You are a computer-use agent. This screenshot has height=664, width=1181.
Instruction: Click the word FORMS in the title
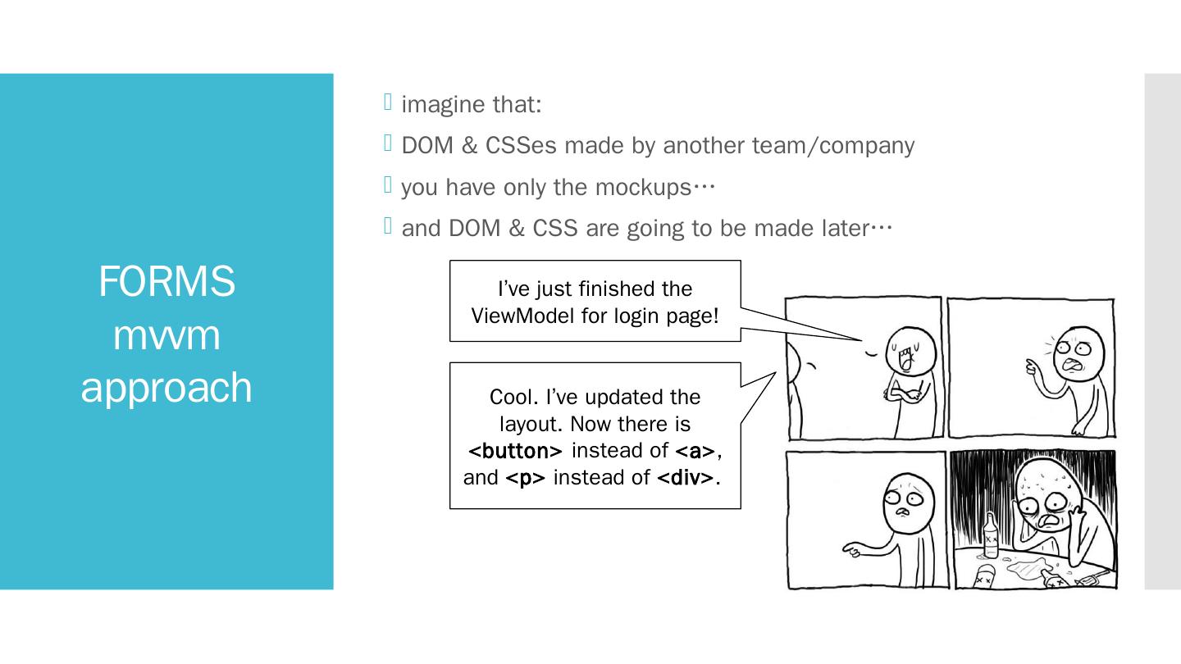[166, 281]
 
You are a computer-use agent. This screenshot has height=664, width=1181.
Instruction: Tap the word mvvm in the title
[166, 334]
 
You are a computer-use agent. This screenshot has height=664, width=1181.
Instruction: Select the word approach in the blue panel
[166, 388]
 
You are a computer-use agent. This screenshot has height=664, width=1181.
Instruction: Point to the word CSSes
[521, 146]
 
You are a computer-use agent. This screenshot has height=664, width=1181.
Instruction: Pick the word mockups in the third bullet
[643, 188]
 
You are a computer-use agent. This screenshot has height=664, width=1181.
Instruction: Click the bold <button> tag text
[515, 451]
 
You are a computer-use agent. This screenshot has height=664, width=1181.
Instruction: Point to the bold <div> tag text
[687, 478]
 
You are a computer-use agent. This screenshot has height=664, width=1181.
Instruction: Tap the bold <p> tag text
[526, 478]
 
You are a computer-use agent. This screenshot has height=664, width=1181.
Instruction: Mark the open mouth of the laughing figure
[906, 358]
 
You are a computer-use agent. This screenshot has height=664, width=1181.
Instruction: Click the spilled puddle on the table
[1025, 566]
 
